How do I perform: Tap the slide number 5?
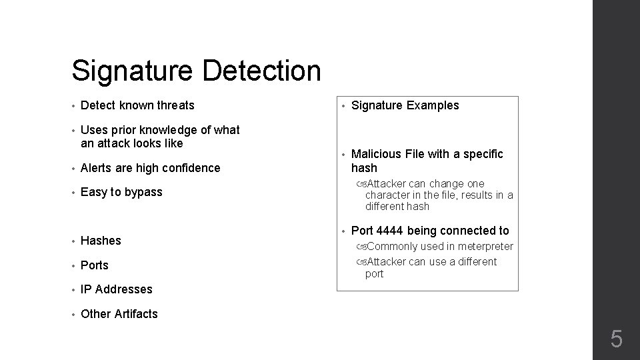point(617,340)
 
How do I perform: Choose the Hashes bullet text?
point(101,241)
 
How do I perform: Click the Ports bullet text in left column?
point(94,265)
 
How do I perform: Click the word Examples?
point(433,105)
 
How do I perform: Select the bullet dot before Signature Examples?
point(344,105)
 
